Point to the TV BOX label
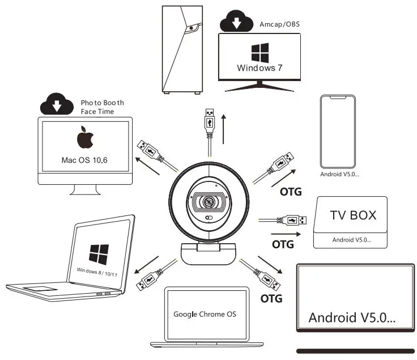[x=353, y=215]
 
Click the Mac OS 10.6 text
[x=84, y=160]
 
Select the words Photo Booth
[x=102, y=103]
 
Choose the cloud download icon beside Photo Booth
[x=57, y=104]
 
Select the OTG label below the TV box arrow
[x=283, y=244]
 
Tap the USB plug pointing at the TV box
[x=291, y=219]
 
